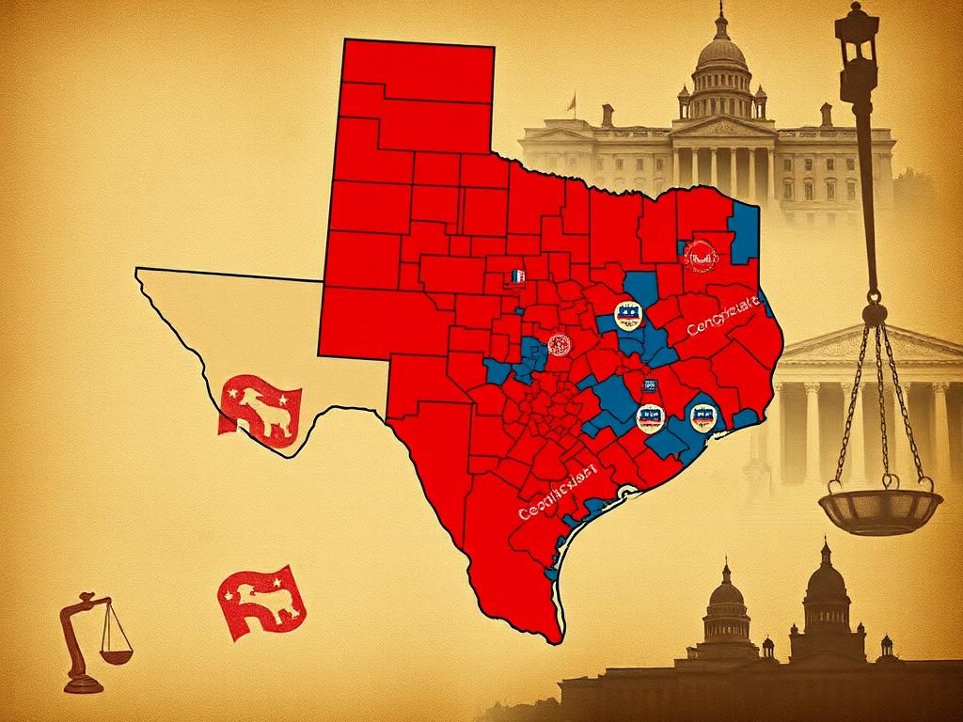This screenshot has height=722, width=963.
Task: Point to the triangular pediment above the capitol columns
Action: tap(722, 126)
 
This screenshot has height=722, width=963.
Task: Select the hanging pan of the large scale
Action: tap(879, 508)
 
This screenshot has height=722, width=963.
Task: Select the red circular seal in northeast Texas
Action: tap(700, 254)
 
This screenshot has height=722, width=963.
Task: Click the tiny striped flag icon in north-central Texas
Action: tap(515, 276)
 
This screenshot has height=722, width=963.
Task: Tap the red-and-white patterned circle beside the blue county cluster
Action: tap(558, 345)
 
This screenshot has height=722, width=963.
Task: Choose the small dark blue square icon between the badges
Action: tap(648, 385)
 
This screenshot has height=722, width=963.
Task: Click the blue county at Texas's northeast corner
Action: tap(744, 230)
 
